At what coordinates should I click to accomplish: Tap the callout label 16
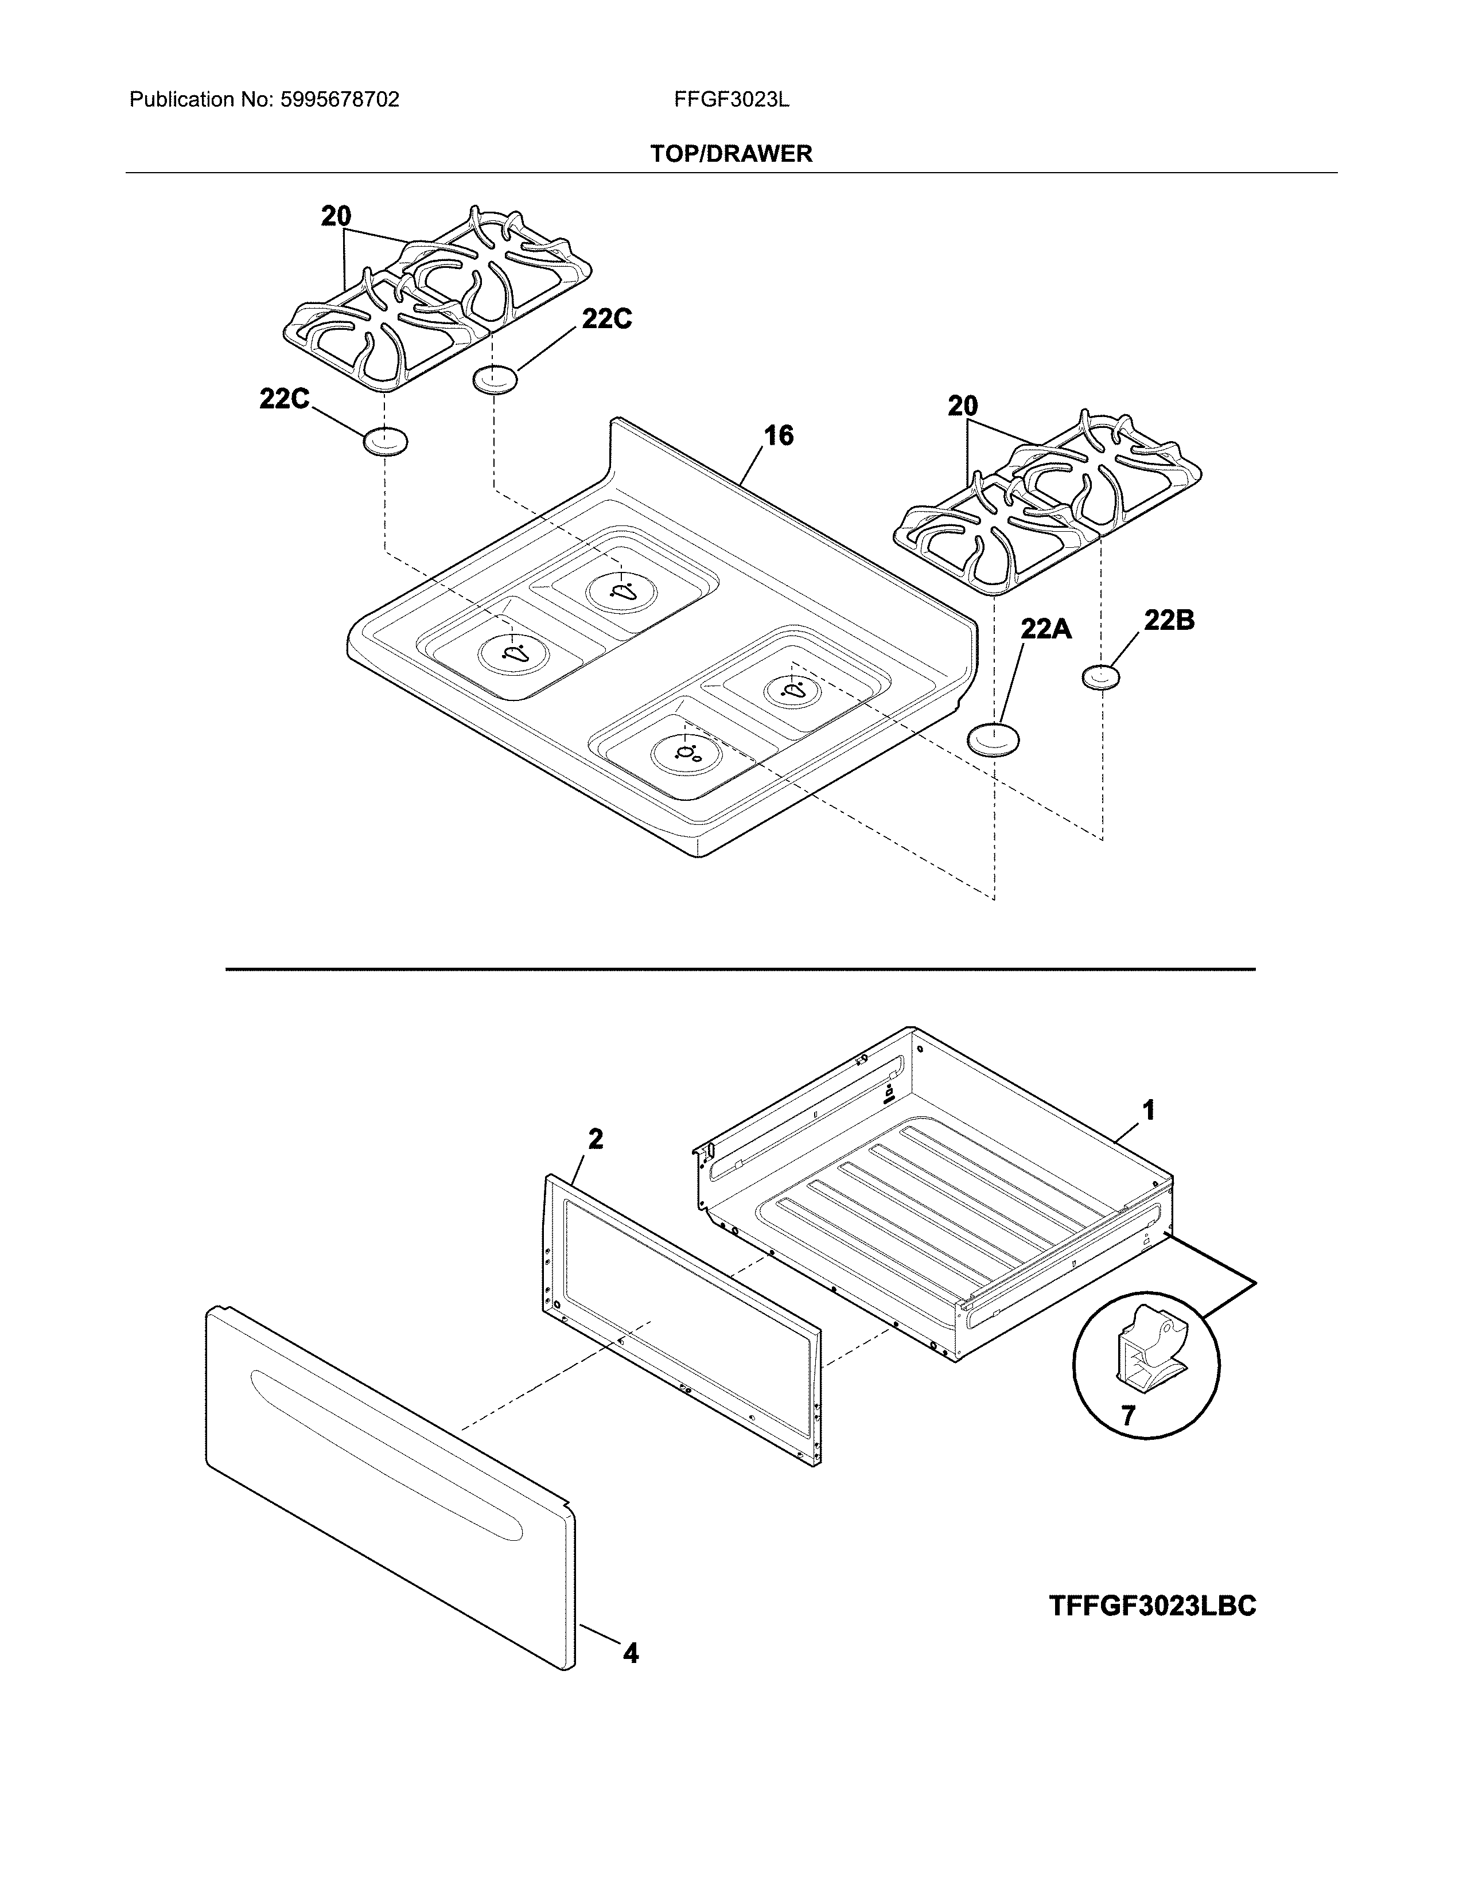[x=779, y=435]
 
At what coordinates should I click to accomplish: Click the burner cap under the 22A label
[x=993, y=740]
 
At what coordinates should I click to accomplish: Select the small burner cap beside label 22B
[x=1101, y=677]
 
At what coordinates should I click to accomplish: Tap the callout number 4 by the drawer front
[x=631, y=1654]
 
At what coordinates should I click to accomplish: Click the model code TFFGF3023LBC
[x=1152, y=1605]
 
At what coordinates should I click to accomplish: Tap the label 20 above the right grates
[x=962, y=406]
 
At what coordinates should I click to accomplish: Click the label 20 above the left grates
[x=336, y=216]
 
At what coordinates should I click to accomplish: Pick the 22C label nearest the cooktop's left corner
[x=284, y=399]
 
